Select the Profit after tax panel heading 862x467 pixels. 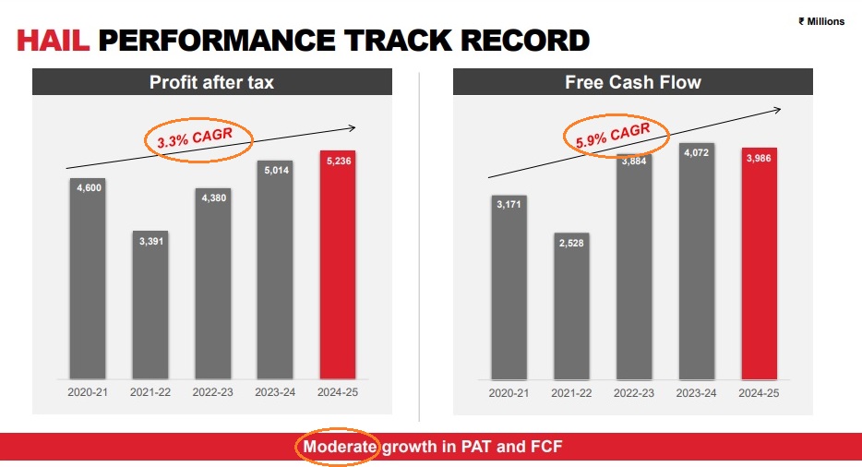pyautogui.click(x=211, y=82)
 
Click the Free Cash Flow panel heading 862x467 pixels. pyautogui.click(x=632, y=82)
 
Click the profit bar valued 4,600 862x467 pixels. pyautogui.click(x=88, y=277)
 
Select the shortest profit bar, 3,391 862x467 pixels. pyautogui.click(x=150, y=305)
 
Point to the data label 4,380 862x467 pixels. pyautogui.click(x=213, y=196)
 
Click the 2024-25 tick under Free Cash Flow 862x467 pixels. pyautogui.click(x=760, y=392)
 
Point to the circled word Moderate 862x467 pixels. pyautogui.click(x=337, y=448)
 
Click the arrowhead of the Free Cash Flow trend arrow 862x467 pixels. pyautogui.click(x=777, y=110)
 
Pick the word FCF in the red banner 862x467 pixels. pyautogui.click(x=544, y=448)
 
